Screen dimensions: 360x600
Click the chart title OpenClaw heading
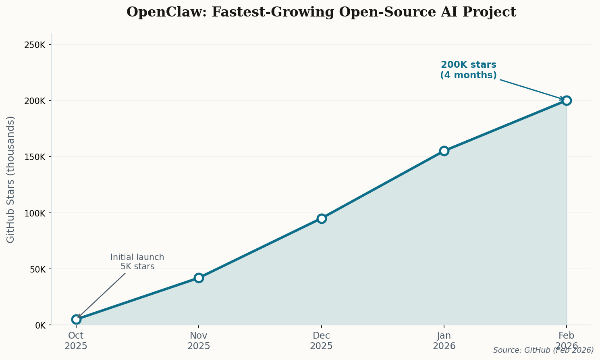pos(321,12)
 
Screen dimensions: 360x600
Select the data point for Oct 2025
pos(76,319)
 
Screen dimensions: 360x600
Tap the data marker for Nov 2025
pos(199,278)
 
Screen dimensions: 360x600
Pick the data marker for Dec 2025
pos(322,218)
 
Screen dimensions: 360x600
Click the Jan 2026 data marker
pos(444,151)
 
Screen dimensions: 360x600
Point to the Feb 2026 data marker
pos(567,100)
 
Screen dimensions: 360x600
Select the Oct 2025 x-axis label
pos(76,341)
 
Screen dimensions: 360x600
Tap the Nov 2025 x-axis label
pos(199,341)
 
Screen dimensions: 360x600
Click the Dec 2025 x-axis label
pos(321,341)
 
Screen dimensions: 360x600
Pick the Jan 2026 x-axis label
pos(444,341)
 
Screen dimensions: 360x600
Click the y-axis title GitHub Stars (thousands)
pos(11,179)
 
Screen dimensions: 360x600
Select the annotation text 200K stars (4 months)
pos(468,70)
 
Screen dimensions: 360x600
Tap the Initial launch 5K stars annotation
pos(137,262)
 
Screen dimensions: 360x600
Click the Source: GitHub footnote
pos(543,350)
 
